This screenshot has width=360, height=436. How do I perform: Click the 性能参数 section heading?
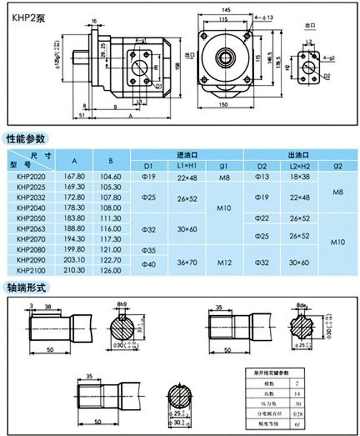click(25, 139)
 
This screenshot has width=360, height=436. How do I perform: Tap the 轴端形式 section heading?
click(25, 288)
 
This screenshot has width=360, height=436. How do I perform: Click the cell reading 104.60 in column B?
click(111, 176)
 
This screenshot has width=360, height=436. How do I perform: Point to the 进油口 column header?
click(187, 155)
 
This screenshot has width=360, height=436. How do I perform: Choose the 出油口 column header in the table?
click(297, 155)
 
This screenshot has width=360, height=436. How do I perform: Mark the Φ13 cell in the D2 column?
click(261, 176)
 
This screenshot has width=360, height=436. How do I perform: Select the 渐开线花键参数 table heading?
click(271, 373)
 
